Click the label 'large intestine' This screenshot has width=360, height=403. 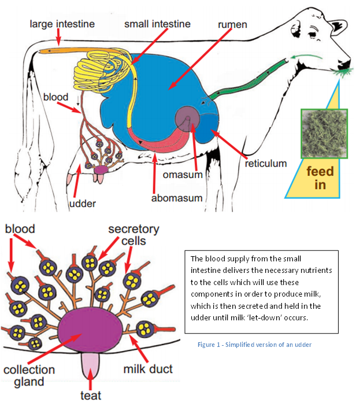click(62, 24)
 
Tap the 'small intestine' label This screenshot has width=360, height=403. click(157, 24)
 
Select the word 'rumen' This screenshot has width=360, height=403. click(232, 25)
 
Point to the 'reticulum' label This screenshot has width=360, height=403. click(266, 164)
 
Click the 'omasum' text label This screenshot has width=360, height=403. click(183, 175)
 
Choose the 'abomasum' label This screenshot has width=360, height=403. click(177, 198)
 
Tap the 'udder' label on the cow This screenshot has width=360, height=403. click(83, 204)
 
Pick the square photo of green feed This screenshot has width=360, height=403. click(324, 134)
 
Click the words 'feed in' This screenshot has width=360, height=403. click(320, 178)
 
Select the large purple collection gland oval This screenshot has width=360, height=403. click(90, 331)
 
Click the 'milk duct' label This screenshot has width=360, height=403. click(148, 369)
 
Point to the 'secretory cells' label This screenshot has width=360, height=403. click(133, 235)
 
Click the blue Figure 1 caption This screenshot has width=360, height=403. click(254, 345)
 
